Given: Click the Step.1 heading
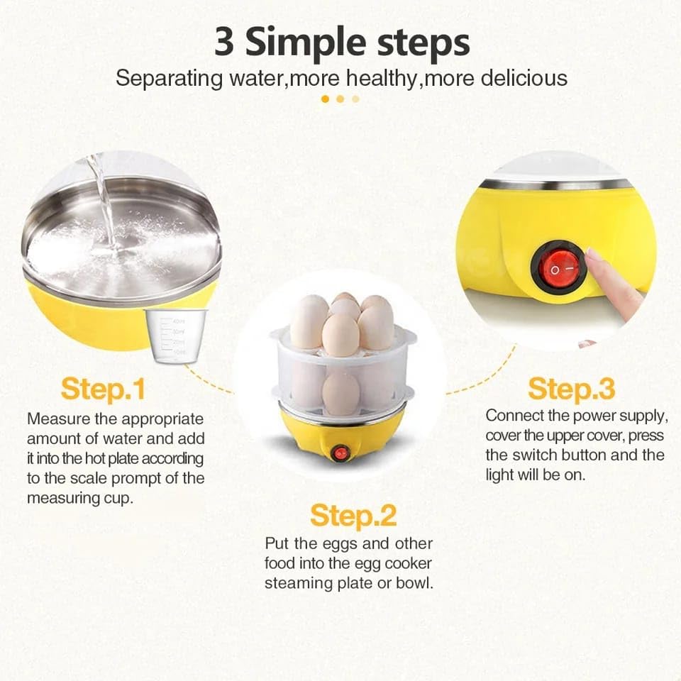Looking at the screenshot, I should pos(103,389).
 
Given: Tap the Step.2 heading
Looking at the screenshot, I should pos(353,516).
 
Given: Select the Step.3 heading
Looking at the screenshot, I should pos(571,389).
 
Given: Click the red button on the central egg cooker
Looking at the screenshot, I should pos(341,453).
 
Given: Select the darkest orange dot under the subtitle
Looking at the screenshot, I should pos(325,99).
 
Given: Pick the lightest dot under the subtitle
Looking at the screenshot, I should pos(355,99).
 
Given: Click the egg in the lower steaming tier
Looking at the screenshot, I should pos(341,393).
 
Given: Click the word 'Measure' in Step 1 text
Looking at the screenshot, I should pos(57,419).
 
